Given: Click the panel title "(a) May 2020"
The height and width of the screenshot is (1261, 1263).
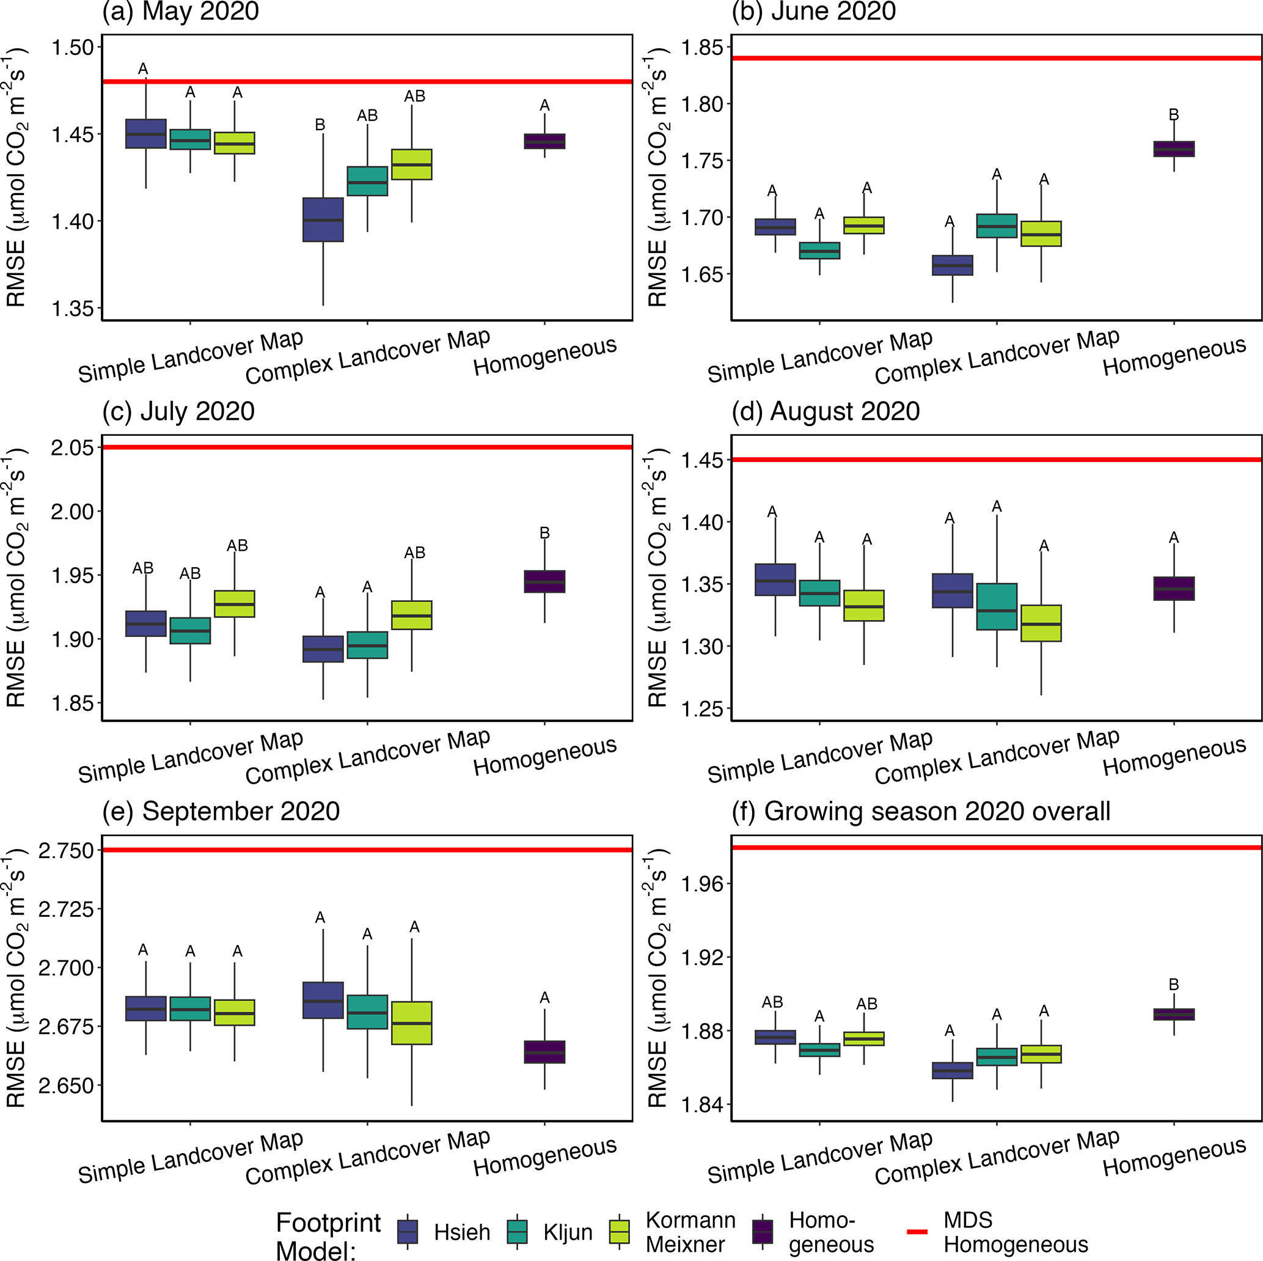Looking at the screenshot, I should [180, 11].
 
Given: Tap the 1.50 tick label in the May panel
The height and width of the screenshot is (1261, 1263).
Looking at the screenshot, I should [73, 48].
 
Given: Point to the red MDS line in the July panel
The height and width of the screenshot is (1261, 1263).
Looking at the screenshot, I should [367, 447].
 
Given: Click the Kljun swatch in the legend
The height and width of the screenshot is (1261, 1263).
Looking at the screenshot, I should [517, 1231].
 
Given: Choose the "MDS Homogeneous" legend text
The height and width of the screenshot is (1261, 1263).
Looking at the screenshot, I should [1016, 1232].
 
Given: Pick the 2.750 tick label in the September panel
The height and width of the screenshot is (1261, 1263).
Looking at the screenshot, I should [66, 850].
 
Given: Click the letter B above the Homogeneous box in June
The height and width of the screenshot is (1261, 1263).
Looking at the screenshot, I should [1173, 114].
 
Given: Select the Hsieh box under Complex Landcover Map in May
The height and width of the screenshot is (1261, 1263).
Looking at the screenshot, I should [323, 220].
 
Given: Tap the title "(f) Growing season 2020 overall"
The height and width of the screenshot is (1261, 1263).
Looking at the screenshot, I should [920, 811].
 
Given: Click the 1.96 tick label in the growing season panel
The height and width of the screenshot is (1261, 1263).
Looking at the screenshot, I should [702, 884].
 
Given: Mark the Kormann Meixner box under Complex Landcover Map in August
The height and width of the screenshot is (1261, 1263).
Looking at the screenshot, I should [1041, 623].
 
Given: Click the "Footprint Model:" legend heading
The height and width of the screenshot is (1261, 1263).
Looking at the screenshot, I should [328, 1235].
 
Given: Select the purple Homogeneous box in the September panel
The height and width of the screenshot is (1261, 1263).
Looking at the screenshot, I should [544, 1052].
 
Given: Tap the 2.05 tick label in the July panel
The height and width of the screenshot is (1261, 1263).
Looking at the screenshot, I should [73, 448].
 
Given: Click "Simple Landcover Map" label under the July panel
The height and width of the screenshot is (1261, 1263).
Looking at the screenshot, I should [190, 757].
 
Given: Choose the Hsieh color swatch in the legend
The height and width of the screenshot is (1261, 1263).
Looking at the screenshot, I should [408, 1231].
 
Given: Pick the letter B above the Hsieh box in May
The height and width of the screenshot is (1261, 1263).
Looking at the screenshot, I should [320, 124].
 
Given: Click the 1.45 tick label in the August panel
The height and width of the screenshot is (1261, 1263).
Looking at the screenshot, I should [702, 460].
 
